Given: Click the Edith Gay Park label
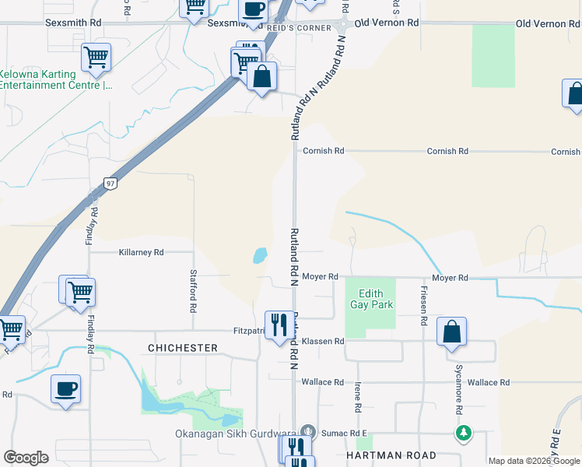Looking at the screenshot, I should point(370,300).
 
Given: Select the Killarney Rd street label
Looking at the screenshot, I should point(141,252).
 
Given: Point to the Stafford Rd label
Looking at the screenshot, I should point(193,290).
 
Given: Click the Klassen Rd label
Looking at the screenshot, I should point(323,342).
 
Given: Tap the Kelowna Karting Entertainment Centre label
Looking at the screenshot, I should point(54,79).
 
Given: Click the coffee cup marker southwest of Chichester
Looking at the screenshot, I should point(65,388).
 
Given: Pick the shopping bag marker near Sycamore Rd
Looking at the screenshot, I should point(451,332).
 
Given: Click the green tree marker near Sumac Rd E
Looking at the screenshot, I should point(464,432).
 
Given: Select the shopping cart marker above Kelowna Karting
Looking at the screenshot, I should point(96,56).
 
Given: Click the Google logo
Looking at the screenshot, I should point(26,458).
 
